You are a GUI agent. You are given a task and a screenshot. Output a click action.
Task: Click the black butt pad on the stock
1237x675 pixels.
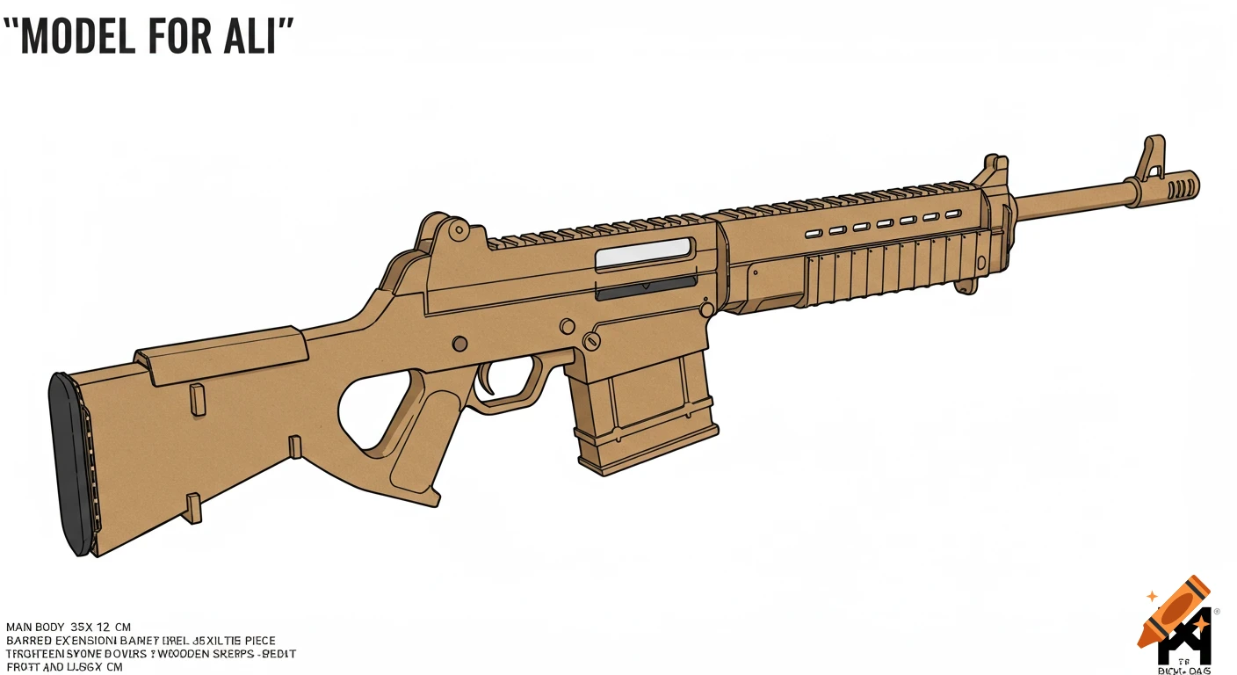[x=73, y=464]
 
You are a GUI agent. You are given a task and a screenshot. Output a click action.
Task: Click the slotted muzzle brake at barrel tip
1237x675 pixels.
[x=1179, y=185]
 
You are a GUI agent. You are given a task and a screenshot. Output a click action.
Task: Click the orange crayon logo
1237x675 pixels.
[x=1173, y=611]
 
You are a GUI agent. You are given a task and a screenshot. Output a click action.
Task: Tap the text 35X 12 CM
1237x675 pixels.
[x=100, y=627]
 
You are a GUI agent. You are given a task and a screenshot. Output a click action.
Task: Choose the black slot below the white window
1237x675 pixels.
[x=646, y=284]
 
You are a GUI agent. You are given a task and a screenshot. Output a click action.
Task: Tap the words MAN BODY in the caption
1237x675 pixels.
[x=35, y=627]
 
